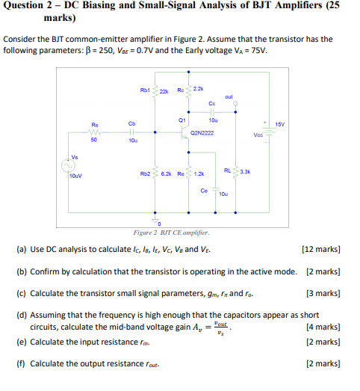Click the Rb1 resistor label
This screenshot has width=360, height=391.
tap(145, 90)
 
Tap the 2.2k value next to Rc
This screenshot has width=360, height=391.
tap(198, 89)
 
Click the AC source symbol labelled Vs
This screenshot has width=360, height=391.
tap(72, 166)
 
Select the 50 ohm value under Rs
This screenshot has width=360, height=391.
tap(94, 139)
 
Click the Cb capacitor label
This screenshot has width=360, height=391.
tap(131, 123)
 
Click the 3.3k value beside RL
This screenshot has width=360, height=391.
tap(245, 171)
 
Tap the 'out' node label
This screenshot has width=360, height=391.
tap(229, 96)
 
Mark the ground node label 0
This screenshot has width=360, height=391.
tap(159, 224)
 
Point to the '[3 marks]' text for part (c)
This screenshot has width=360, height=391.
tap(323, 293)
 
